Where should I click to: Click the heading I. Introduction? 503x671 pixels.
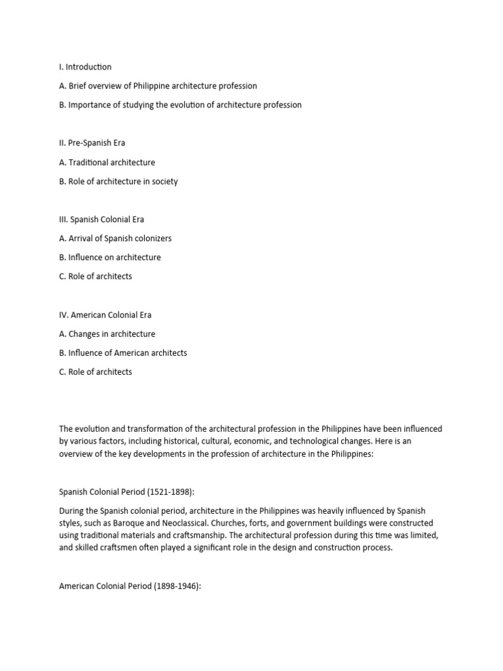[x=85, y=67]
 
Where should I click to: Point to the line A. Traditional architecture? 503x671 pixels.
[x=107, y=162]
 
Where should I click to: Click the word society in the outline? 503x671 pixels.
[x=163, y=182]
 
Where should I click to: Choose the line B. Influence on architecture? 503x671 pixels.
[x=109, y=258]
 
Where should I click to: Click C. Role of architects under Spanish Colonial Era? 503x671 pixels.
[x=95, y=277]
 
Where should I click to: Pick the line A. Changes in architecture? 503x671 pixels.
[x=107, y=334]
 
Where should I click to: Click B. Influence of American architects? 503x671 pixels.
[x=122, y=353]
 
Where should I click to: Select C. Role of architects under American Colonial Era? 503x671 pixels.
[x=95, y=372]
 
